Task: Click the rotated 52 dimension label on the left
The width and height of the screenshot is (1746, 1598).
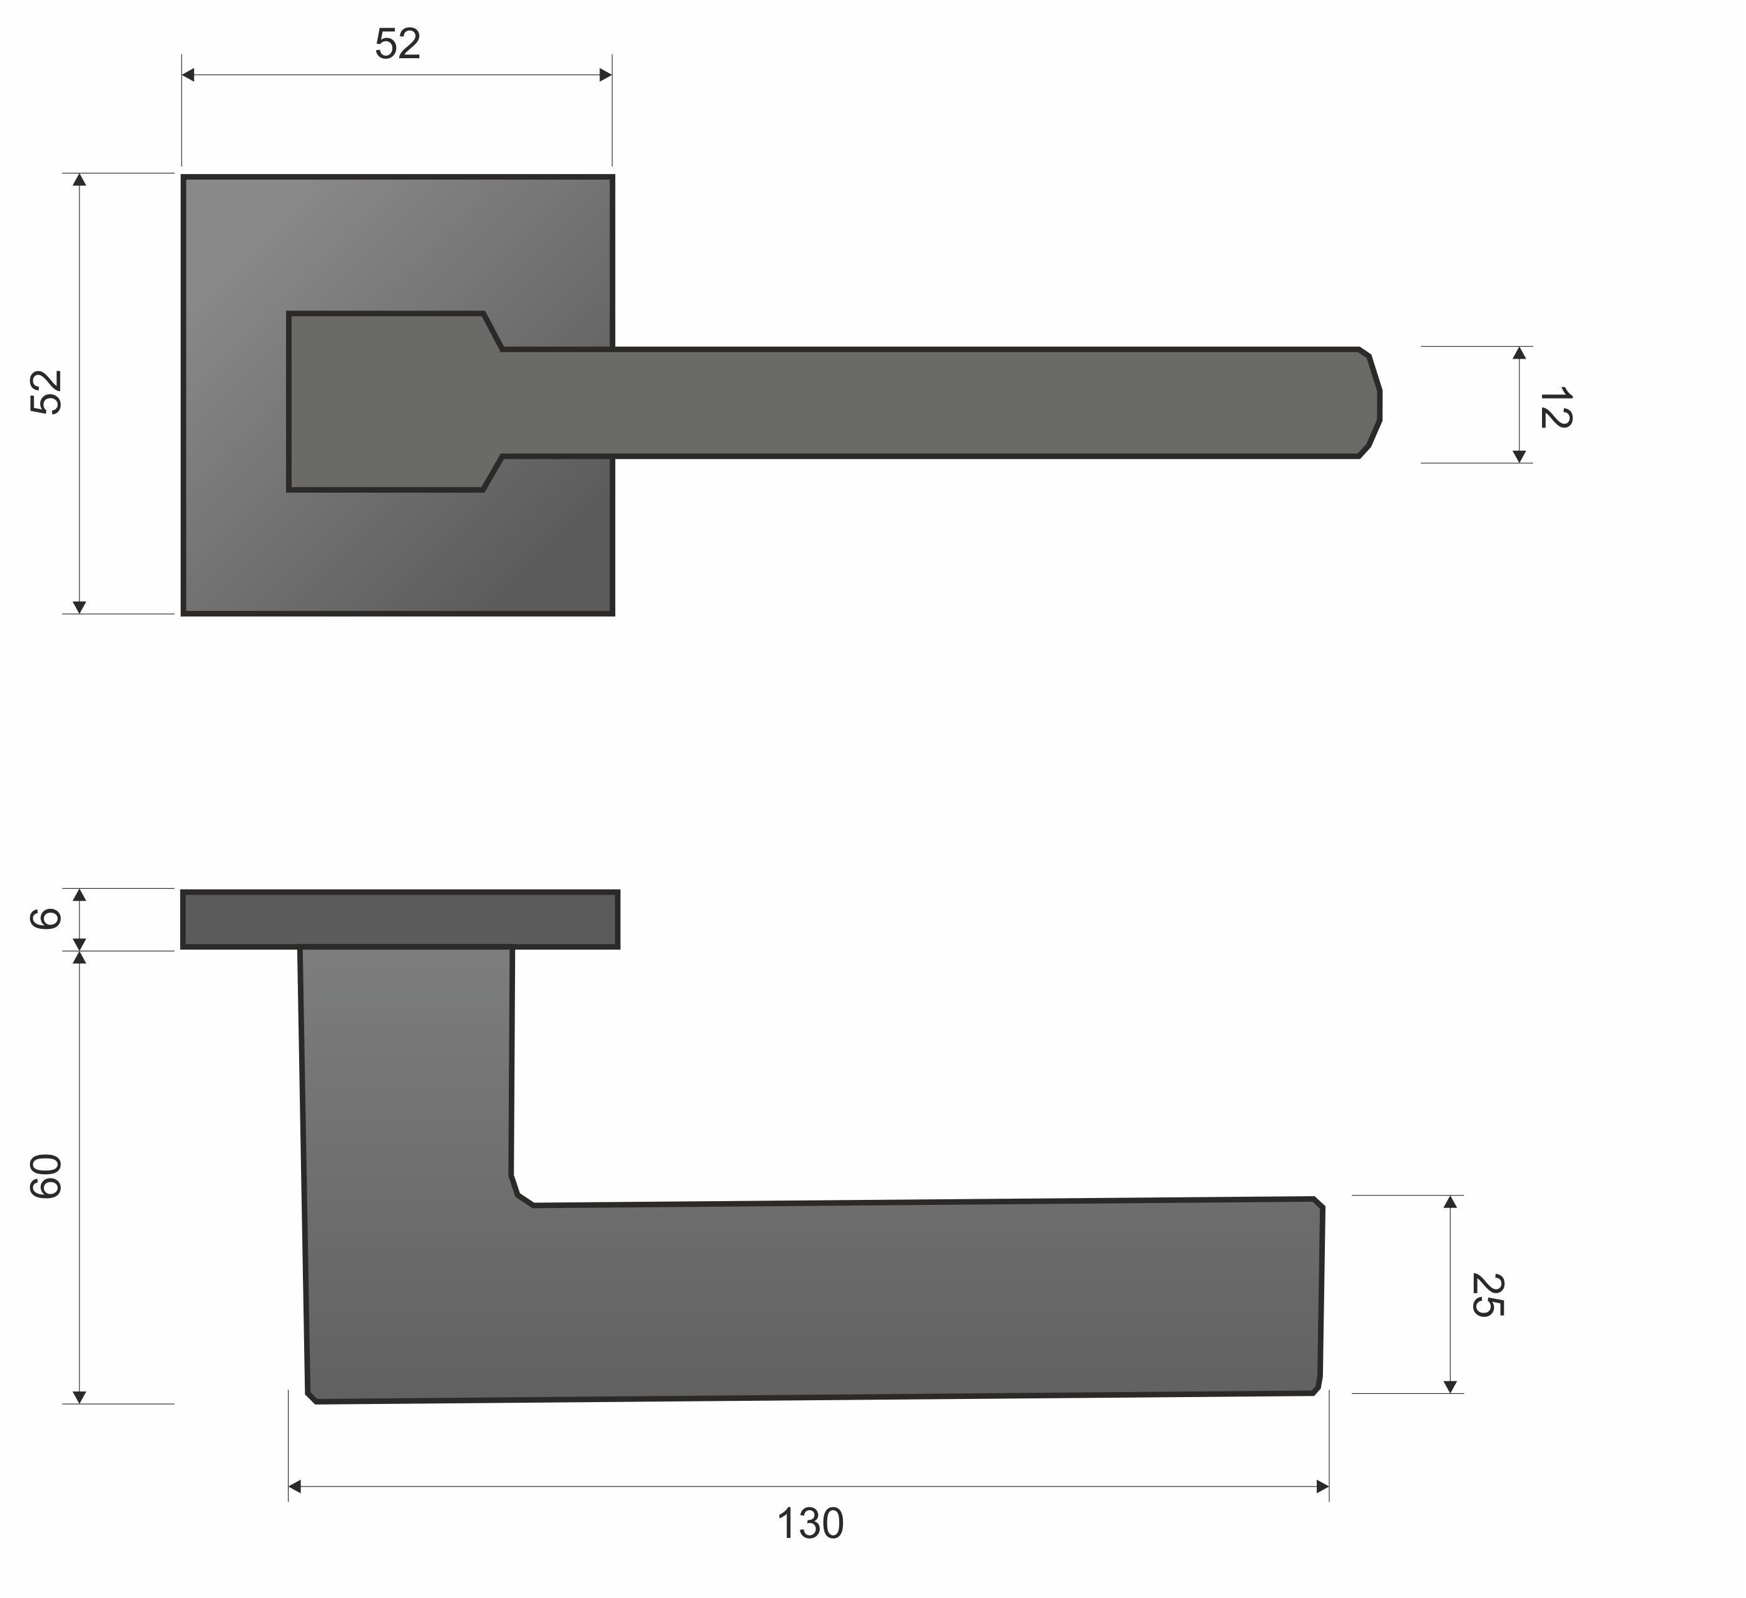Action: pos(46,392)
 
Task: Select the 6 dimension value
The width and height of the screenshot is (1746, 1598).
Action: pos(45,918)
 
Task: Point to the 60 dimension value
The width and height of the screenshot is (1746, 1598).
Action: pos(46,1176)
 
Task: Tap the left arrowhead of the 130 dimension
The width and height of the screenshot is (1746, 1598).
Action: pos(295,1486)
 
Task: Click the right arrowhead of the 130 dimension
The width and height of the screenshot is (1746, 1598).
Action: pos(1322,1486)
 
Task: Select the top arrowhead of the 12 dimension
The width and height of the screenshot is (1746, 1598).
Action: pos(1519,352)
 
